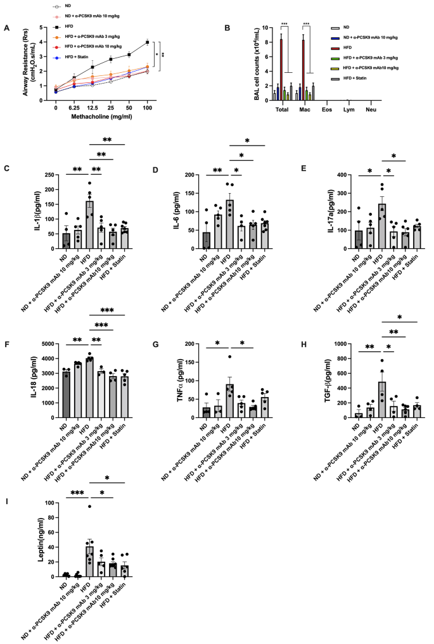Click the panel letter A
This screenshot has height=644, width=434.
6,27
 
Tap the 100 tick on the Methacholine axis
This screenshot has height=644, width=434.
148,108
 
